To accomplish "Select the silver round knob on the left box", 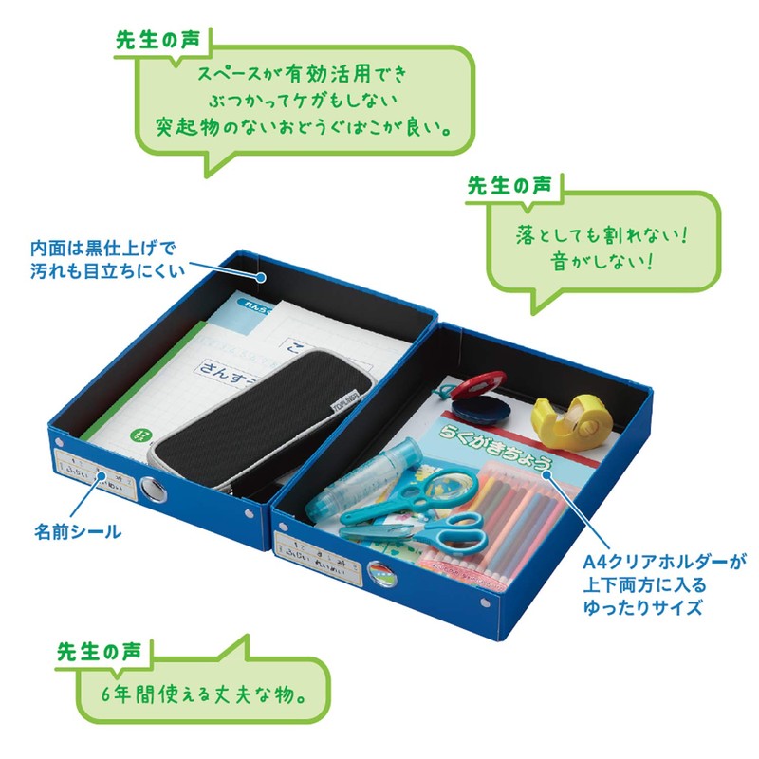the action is [x=152, y=490].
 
